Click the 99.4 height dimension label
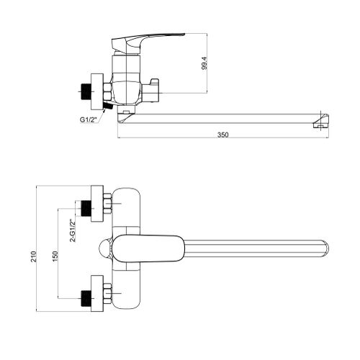tap(204, 63)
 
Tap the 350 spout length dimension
tap(223, 135)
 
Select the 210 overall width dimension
tap(33, 256)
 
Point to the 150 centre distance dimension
tap(55, 256)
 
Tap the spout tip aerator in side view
tap(321, 121)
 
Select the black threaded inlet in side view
tap(86, 92)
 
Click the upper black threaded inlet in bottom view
tap(86, 208)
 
